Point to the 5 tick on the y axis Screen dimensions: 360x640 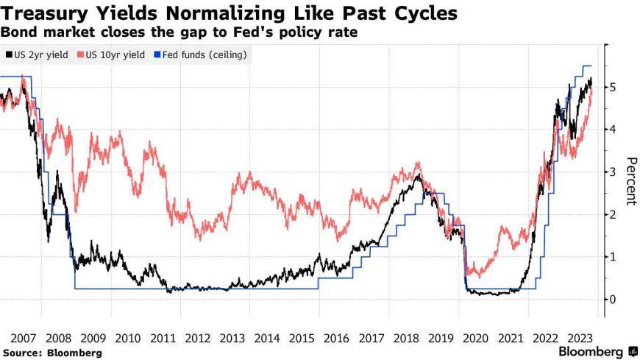pyautogui.click(x=612, y=88)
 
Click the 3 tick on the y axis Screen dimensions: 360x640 pyautogui.click(x=612, y=172)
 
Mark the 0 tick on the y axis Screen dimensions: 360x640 pyautogui.click(x=612, y=300)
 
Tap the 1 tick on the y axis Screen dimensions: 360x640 pyautogui.click(x=612, y=257)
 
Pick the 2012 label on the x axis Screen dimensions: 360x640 pyautogui.click(x=198, y=339)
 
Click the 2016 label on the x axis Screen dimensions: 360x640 pyautogui.click(x=336, y=339)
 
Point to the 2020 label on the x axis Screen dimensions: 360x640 pyautogui.click(x=474, y=339)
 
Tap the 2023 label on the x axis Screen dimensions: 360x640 pyautogui.click(x=578, y=339)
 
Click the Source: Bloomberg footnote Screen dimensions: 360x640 pyautogui.click(x=51, y=353)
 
